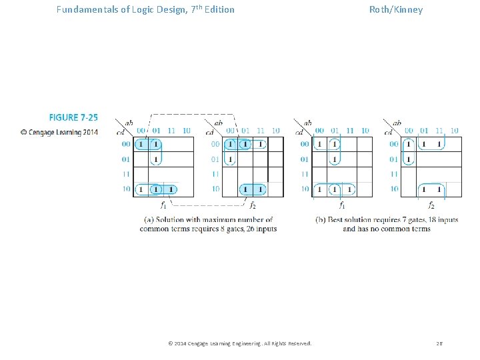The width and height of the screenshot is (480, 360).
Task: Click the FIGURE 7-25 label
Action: [73, 117]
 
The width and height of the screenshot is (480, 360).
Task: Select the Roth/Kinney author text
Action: [396, 9]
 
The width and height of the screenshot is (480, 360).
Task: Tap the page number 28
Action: [439, 343]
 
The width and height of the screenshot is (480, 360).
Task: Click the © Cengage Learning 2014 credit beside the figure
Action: [59, 132]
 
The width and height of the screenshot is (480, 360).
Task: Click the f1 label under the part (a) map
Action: [164, 206]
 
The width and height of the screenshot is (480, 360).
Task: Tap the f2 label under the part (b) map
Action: [431, 206]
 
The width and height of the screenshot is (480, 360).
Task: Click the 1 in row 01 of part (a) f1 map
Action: [155, 159]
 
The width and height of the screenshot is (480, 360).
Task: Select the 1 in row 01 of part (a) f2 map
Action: [230, 159]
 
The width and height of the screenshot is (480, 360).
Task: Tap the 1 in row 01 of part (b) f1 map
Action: [334, 159]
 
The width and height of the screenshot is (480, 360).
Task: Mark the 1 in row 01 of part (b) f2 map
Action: [409, 159]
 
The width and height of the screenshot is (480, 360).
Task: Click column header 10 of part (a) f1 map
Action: [186, 131]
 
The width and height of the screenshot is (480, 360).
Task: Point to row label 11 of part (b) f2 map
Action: [394, 174]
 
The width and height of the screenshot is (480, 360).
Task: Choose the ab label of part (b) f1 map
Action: [307, 123]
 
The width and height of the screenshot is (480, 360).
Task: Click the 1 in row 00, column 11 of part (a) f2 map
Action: [260, 144]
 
